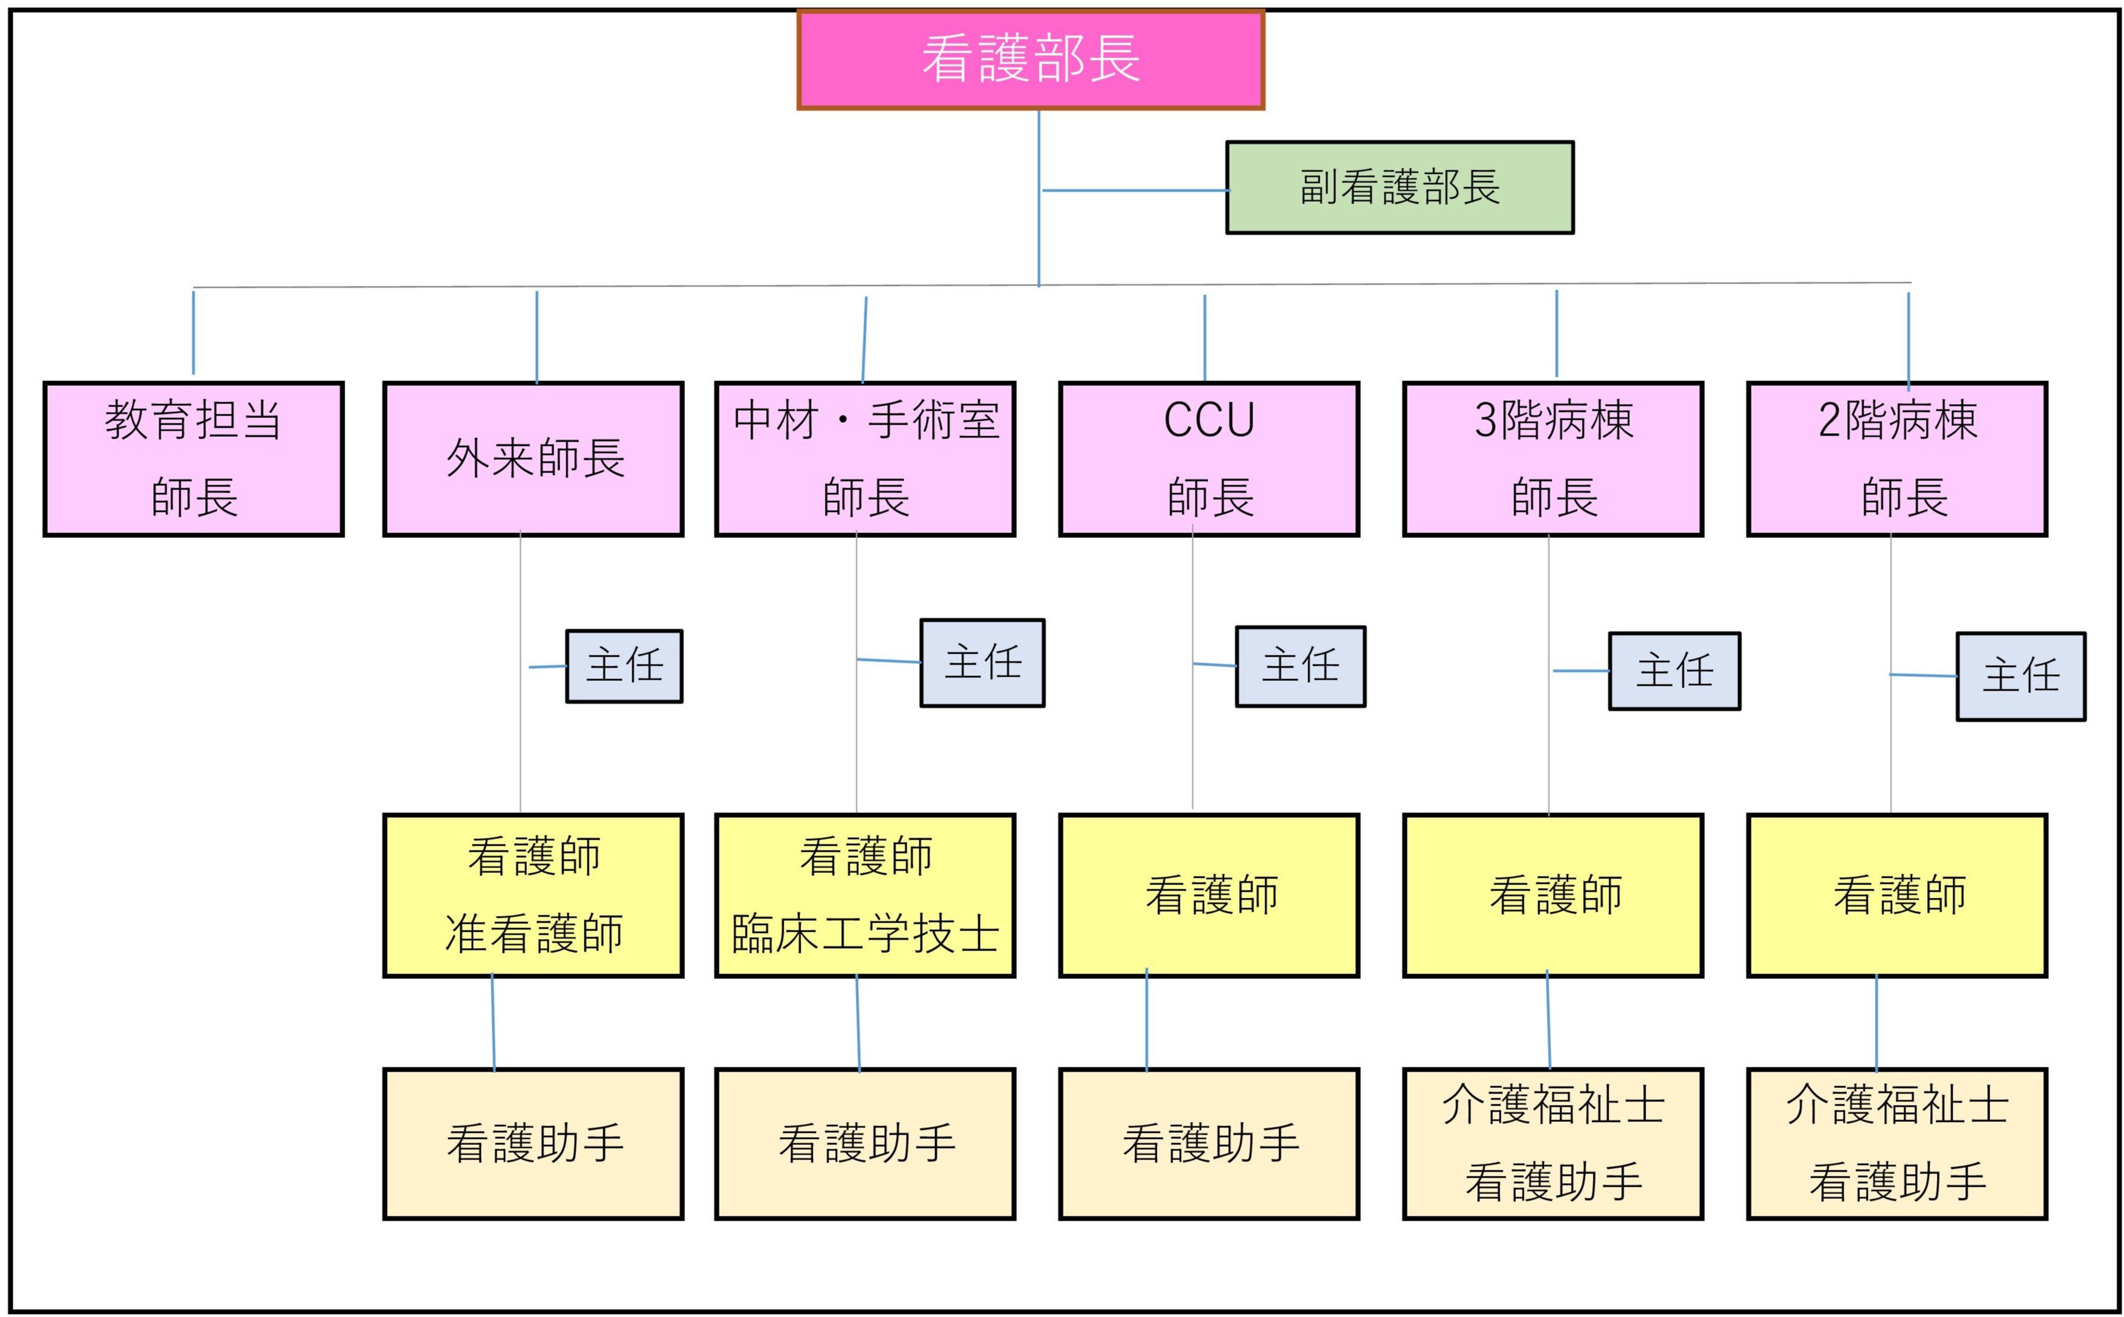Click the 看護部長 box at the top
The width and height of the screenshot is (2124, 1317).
tap(1030, 59)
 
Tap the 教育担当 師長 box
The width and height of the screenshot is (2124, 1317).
tap(193, 459)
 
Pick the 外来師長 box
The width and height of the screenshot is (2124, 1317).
tap(533, 459)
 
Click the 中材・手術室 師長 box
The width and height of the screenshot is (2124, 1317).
tap(865, 459)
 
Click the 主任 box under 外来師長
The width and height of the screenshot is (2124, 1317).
tap(624, 666)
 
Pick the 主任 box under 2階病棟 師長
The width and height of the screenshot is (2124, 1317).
tap(2020, 676)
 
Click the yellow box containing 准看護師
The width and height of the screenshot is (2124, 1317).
tap(533, 895)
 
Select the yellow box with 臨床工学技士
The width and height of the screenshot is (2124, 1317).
tap(865, 895)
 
